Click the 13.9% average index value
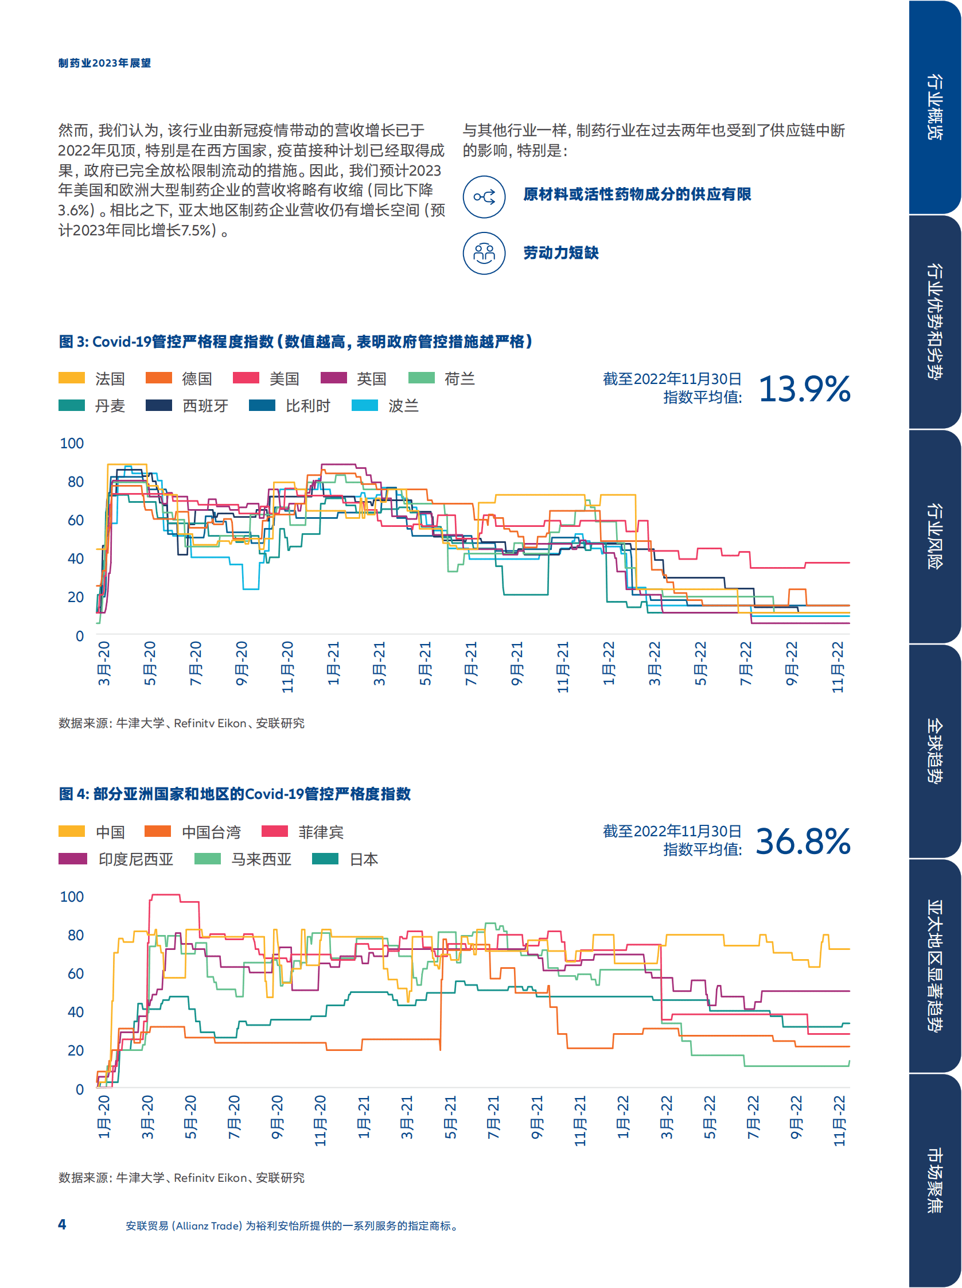pos(804,389)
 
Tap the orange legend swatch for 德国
pos(158,378)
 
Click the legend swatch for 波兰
pos(364,405)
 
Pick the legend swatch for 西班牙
pos(158,405)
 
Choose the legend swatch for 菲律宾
pos(275,831)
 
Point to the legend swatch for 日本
pos(325,858)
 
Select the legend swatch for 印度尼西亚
pos(72,858)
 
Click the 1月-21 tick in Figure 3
pos(333,663)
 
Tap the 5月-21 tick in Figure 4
pos(450,1117)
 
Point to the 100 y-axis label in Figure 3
pos(72,443)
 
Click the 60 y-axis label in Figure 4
pos(75,973)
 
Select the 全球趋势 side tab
pos(934,751)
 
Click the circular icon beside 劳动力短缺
pos(484,253)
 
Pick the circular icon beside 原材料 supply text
pos(484,197)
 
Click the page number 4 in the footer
pos(62,1224)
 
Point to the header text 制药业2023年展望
pos(104,63)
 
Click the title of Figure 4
pos(235,794)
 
